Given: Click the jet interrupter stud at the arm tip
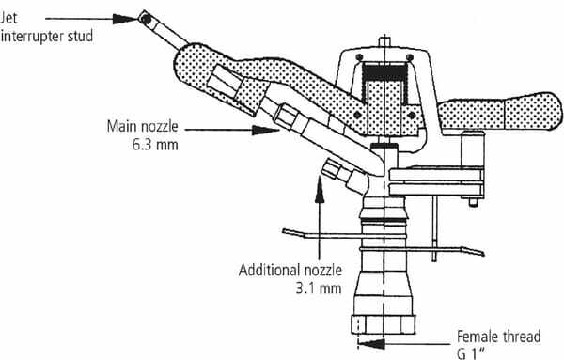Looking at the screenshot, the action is (x=146, y=19).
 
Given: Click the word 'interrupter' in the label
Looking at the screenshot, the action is (x=32, y=37).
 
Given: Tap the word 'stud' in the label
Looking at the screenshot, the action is (x=81, y=36).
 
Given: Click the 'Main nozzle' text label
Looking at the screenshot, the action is (x=143, y=126).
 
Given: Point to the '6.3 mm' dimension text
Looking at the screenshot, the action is (x=155, y=145).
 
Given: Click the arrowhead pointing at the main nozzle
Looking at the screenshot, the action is (x=265, y=130).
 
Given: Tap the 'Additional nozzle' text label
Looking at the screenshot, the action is (x=290, y=270).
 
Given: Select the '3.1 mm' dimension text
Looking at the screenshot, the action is (x=319, y=289).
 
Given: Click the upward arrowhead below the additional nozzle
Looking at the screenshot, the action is (x=320, y=189).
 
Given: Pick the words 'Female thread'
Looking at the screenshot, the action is (x=498, y=337).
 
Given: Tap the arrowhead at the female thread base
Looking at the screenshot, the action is (x=371, y=344).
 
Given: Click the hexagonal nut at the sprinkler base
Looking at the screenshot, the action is (x=384, y=324).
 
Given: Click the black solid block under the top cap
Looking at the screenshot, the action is (x=385, y=72).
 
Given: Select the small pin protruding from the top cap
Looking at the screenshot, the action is (x=384, y=41).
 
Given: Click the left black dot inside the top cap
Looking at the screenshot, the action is (x=359, y=57).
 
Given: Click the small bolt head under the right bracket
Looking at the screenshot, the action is (x=474, y=203).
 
